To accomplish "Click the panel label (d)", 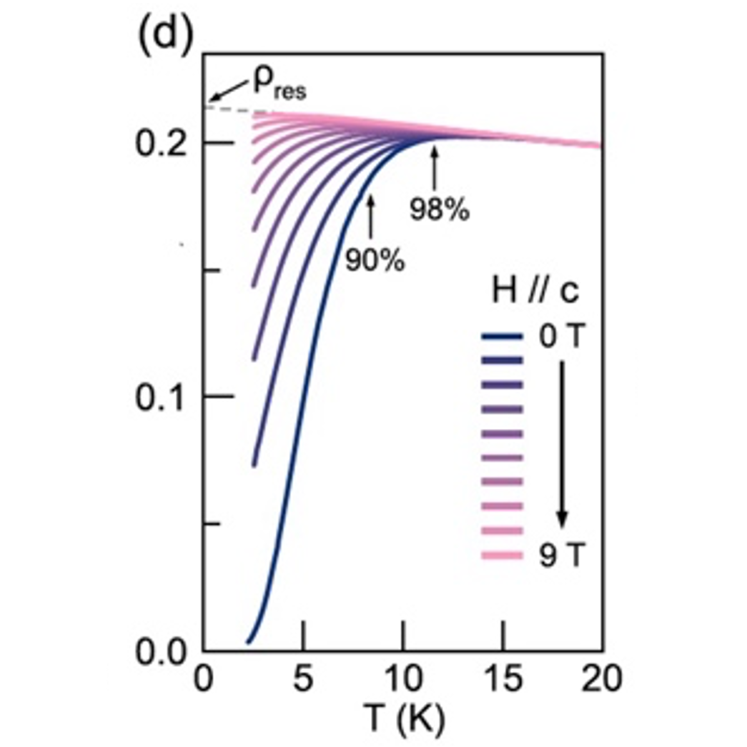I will [164, 37].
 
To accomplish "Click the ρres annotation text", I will [279, 84].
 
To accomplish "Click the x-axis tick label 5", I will [304, 679].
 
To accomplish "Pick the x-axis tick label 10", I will [403, 679].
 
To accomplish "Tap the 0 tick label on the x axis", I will [204, 679].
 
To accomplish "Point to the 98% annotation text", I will [439, 210].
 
